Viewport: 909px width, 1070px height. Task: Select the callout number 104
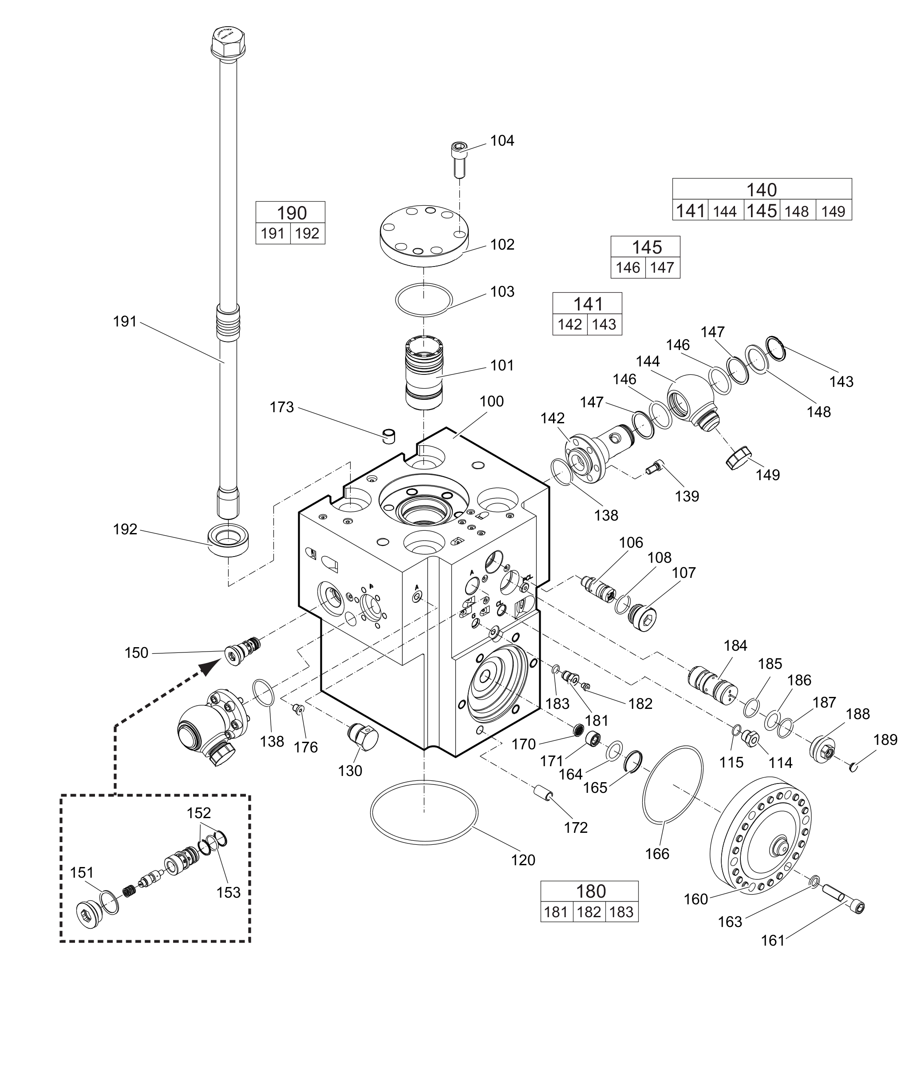(x=502, y=141)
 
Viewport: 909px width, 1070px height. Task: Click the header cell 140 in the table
(x=762, y=190)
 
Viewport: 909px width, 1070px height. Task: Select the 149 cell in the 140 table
(x=833, y=211)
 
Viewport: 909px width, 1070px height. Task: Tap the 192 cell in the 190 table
(x=308, y=234)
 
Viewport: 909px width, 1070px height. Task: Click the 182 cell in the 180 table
(x=589, y=912)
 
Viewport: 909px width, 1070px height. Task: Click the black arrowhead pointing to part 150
(x=209, y=667)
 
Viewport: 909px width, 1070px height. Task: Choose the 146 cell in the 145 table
(x=628, y=268)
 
